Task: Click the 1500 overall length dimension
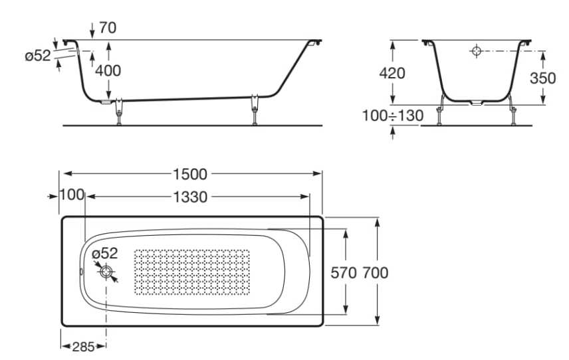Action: pos(190,175)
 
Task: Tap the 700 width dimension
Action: pos(375,272)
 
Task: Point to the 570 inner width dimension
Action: pos(344,272)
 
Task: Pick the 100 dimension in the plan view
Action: pos(72,195)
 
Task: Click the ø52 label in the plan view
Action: pos(104,253)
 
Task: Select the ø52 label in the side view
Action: pos(38,56)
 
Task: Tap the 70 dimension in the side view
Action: pos(107,28)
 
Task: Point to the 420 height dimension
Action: pos(392,73)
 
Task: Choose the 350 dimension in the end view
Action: pos(542,78)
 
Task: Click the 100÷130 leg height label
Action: pos(392,116)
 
